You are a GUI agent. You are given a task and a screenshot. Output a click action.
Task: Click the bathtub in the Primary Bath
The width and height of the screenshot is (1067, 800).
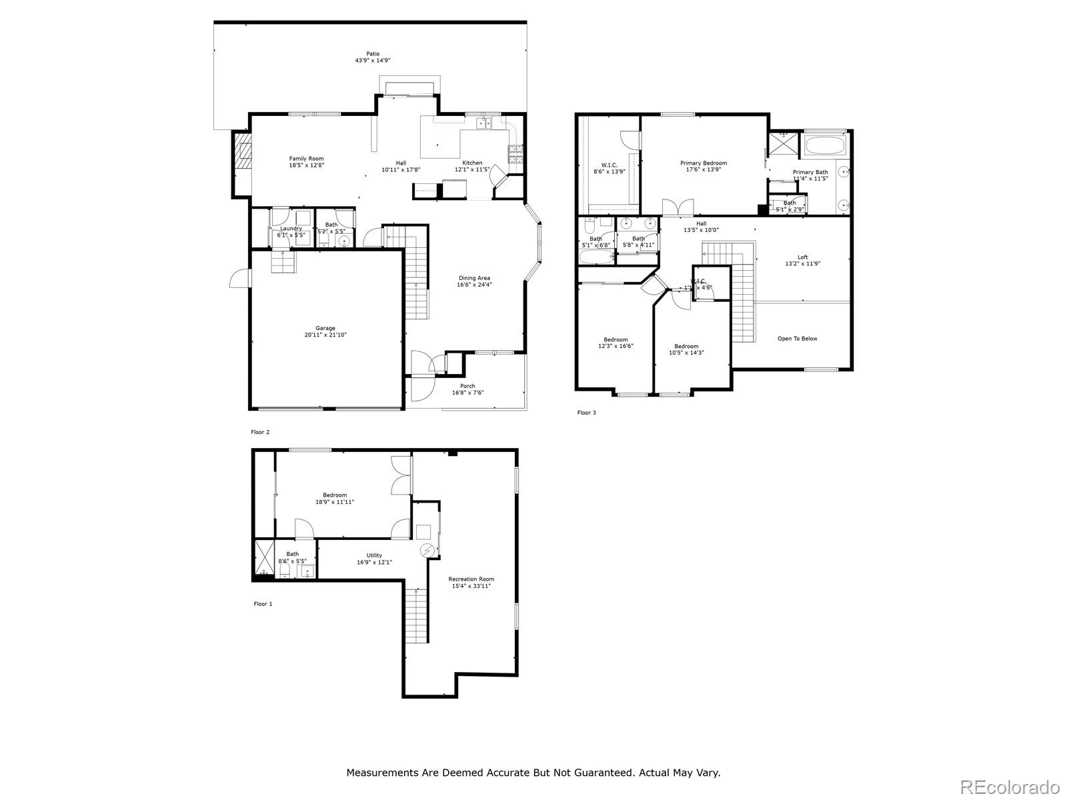pos(825,144)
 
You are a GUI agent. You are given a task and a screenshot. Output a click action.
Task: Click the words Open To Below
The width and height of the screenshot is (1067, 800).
pos(797,339)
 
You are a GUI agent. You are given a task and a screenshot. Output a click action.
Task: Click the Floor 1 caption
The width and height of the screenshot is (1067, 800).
pos(263,604)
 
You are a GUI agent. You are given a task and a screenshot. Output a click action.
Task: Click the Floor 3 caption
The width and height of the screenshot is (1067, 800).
pos(586,413)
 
